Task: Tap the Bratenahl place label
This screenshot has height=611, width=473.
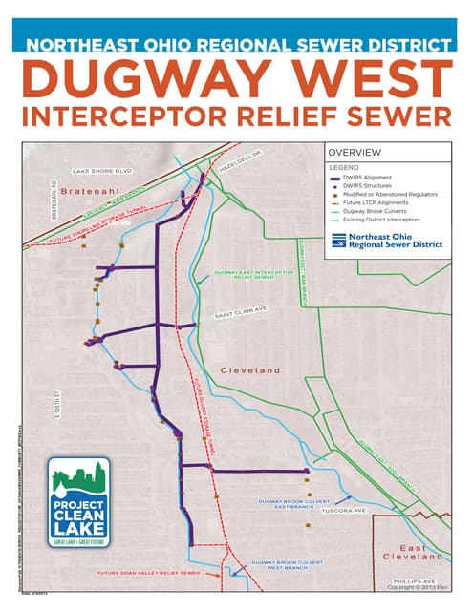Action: coord(87,191)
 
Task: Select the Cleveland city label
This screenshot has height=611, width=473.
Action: coord(250,369)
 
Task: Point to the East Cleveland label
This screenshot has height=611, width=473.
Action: coord(414,552)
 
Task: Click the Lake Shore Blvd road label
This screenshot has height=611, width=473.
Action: coord(101,172)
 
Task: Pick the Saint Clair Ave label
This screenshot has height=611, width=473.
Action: coord(240,312)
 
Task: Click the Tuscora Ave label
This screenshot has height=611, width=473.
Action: coord(344,511)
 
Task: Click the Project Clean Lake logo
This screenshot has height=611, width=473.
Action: coord(79,502)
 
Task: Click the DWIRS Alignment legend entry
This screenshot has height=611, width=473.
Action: coord(372,179)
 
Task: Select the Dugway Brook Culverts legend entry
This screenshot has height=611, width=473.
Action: coord(380,211)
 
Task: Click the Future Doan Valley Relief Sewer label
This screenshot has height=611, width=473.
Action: coord(148,574)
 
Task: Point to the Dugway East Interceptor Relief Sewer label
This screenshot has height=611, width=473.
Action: coord(252,275)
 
